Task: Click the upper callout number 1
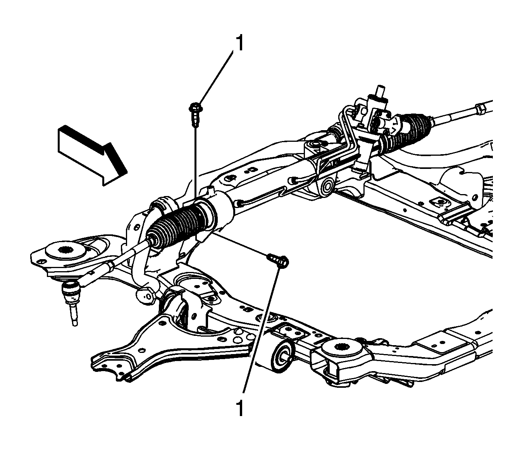click(x=239, y=43)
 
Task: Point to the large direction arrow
click(x=93, y=155)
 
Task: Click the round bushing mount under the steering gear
click(x=326, y=187)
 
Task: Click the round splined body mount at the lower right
click(x=341, y=349)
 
